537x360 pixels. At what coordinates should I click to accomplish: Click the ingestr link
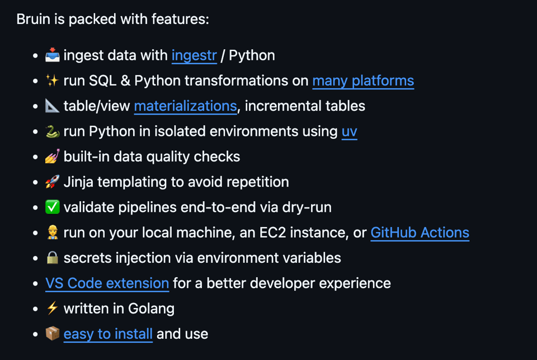194,56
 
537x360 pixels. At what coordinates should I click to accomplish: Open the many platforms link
363,81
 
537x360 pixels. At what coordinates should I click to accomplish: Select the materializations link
185,106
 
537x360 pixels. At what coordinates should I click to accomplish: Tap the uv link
349,131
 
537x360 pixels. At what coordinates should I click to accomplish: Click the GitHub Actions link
420,233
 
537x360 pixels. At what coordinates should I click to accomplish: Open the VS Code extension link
107,283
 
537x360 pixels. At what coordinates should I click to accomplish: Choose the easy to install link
108,334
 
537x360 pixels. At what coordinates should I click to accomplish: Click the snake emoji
53,131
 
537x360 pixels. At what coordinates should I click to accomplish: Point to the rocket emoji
53,182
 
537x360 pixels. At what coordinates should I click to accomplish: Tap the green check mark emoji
53,207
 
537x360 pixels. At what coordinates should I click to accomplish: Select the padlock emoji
53,258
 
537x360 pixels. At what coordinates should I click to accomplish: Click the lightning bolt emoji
53,308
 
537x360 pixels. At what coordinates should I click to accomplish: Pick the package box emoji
53,334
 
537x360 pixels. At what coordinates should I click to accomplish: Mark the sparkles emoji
53,81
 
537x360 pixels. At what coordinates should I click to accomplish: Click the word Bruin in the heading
32,19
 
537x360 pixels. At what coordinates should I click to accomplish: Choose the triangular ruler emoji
53,106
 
